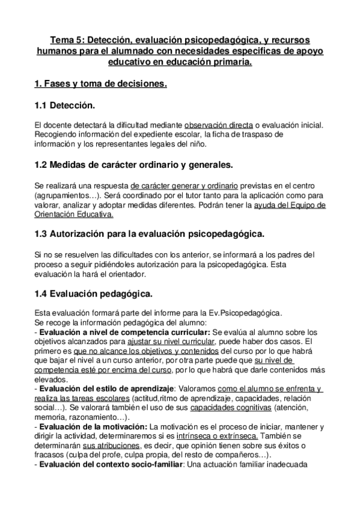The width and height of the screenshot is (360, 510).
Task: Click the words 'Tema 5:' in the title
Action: pyautogui.click(x=66, y=40)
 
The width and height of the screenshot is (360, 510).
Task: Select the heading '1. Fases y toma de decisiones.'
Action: pyautogui.click(x=100, y=84)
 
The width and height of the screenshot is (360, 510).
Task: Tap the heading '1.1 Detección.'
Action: pyautogui.click(x=65, y=106)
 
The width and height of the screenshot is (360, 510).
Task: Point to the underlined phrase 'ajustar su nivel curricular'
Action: pyautogui.click(x=165, y=341)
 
